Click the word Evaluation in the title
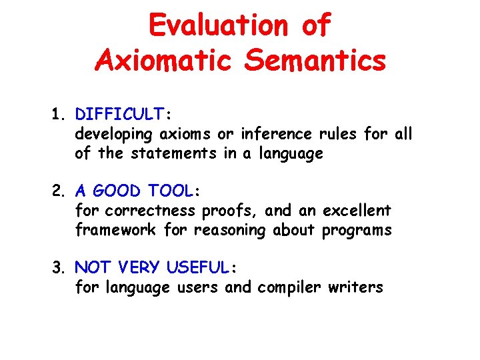(x=216, y=25)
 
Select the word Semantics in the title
(x=315, y=61)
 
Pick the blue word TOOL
(x=170, y=192)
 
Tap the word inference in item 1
(x=273, y=134)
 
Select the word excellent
(x=357, y=211)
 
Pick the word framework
(x=116, y=231)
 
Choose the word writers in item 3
(x=360, y=288)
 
